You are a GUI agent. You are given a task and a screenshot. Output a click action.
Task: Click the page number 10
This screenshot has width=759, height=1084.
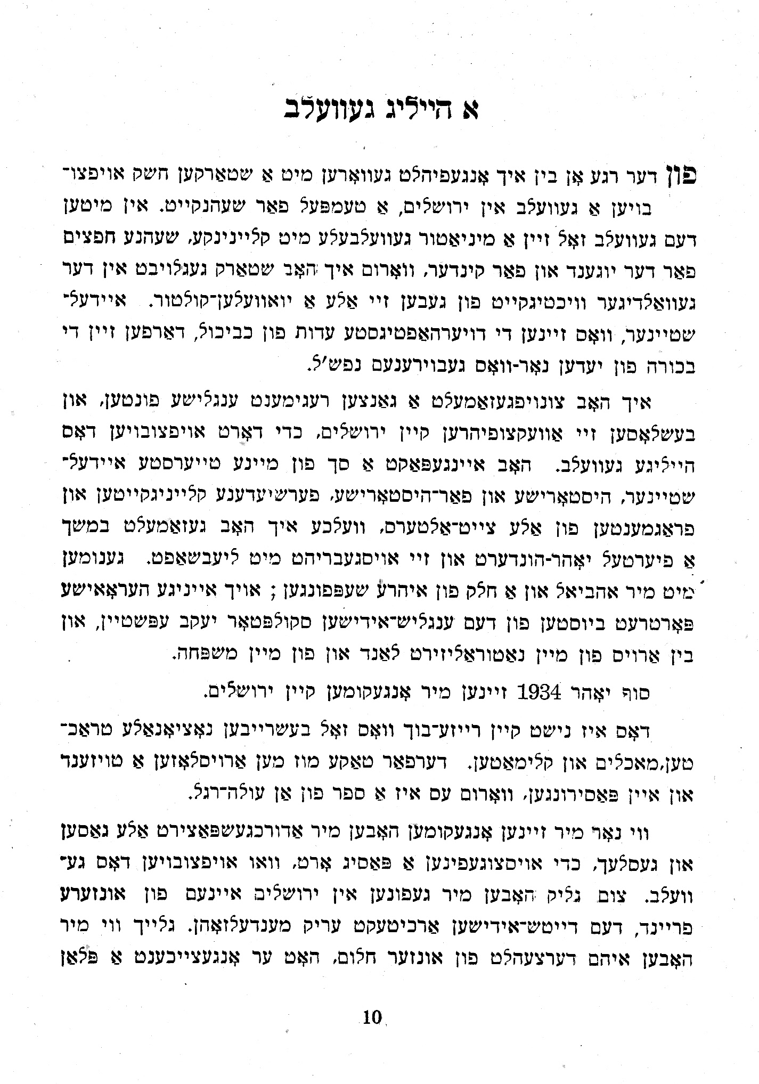click(x=372, y=1018)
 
